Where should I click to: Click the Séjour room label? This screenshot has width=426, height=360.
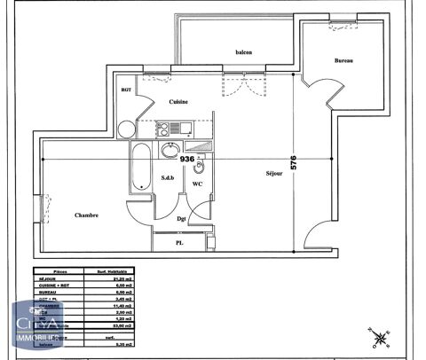tap(273, 174)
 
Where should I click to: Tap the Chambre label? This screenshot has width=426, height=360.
tap(86, 215)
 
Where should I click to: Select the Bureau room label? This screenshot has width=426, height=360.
tap(344, 60)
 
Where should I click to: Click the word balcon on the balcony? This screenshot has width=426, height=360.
tap(243, 51)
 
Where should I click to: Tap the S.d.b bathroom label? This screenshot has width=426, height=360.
tap(168, 177)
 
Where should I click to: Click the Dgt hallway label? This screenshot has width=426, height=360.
tap(181, 218)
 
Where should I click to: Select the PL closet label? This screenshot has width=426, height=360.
tap(178, 243)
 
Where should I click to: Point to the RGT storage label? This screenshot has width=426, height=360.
tap(126, 90)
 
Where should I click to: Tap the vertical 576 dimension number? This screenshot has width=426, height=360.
tap(294, 163)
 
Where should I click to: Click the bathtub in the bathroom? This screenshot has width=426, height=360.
tap(139, 166)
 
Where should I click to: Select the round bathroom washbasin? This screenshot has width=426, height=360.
tap(169, 153)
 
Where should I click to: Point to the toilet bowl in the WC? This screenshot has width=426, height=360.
tap(201, 166)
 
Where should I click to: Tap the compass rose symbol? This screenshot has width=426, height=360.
tap(380, 338)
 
